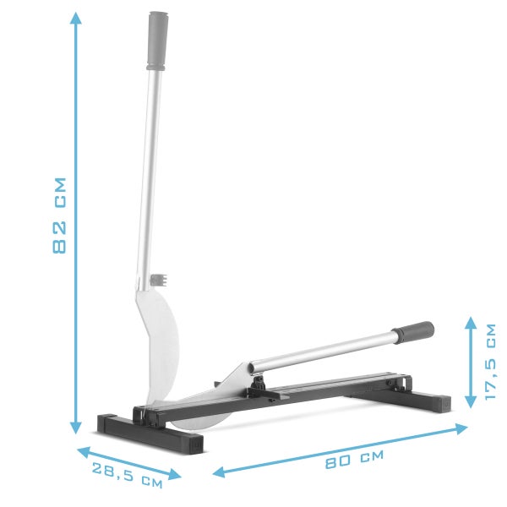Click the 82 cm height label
click(x=59, y=215)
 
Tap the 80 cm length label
click(x=354, y=459)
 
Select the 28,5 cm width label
click(x=127, y=475)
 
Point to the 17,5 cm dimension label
click(x=490, y=362)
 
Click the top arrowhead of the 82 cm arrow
click(x=76, y=18)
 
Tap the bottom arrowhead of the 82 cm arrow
click(x=76, y=428)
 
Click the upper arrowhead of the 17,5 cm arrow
click(x=471, y=323)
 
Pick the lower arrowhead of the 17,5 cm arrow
click(x=471, y=401)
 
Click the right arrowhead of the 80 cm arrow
click(x=461, y=428)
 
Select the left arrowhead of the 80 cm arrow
click(x=219, y=472)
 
